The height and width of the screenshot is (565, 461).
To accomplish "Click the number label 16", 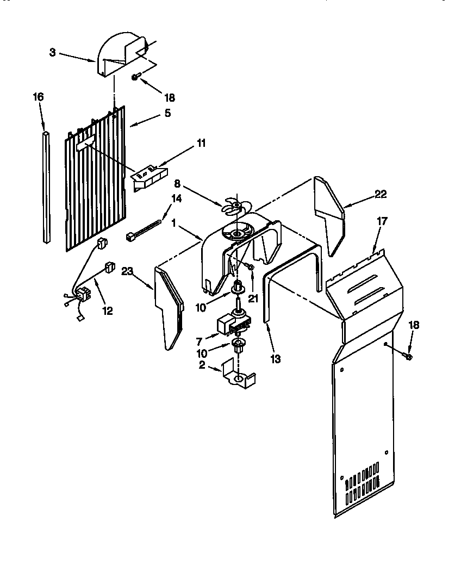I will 38,97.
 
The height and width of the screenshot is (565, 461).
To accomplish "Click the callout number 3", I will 52,52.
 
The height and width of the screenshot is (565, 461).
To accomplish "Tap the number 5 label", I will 167,113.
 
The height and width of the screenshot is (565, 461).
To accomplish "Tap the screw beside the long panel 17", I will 408,356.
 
